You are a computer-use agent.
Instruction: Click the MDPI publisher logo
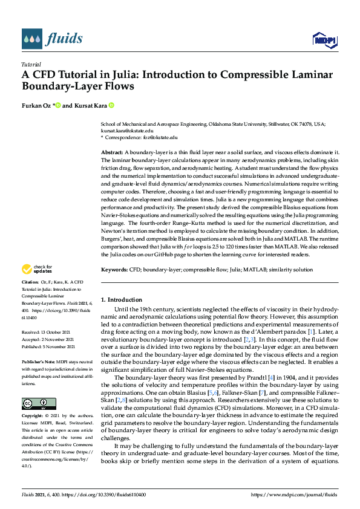click(x=325, y=40)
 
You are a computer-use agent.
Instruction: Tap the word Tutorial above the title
click(x=31, y=64)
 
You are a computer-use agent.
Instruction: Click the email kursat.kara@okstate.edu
click(x=126, y=130)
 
